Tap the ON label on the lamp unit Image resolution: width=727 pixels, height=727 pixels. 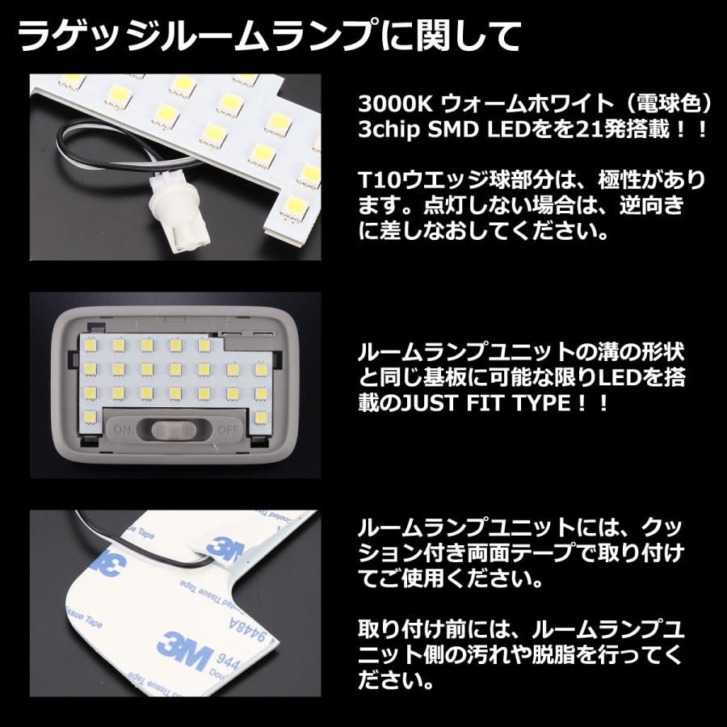tap(124, 428)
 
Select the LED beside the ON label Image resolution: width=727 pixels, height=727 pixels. tap(90, 418)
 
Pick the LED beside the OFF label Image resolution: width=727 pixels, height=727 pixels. tap(260, 418)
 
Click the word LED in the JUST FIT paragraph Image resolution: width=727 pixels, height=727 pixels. tap(633, 376)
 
